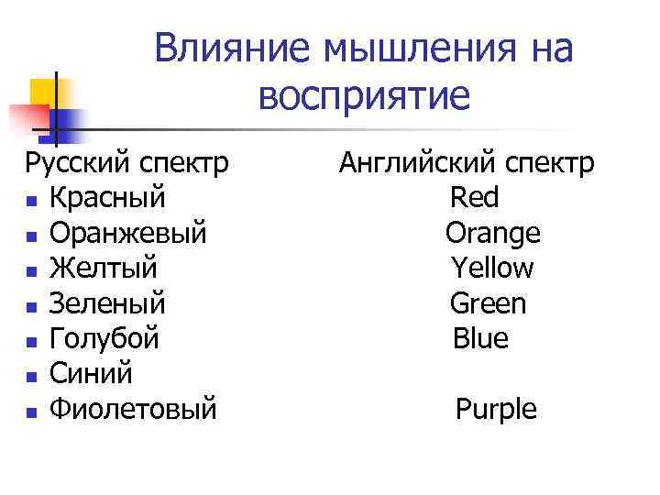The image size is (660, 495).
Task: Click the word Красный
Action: pos(108,198)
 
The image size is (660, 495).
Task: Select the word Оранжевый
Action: pos(127,234)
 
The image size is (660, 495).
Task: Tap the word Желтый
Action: pos(103,269)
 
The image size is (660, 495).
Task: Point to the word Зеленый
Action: pos(107,303)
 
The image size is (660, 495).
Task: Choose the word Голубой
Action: pos(104,339)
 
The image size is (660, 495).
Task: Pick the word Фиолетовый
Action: pos(133,409)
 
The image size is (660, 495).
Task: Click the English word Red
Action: pos(474,198)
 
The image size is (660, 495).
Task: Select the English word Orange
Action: pos(492,234)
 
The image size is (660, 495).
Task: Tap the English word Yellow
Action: pos(492,269)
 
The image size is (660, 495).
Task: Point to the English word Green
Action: pos(488,303)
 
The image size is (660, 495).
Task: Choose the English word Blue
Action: pos(480,339)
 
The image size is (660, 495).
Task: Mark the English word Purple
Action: pos(496,410)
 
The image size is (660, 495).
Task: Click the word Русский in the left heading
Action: pos(76,163)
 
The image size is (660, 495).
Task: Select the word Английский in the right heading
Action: pos(413,163)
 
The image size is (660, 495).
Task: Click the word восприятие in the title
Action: pos(363,94)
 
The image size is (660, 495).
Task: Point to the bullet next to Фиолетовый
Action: pos(31,412)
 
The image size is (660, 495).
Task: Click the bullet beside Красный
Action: pos(31,202)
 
